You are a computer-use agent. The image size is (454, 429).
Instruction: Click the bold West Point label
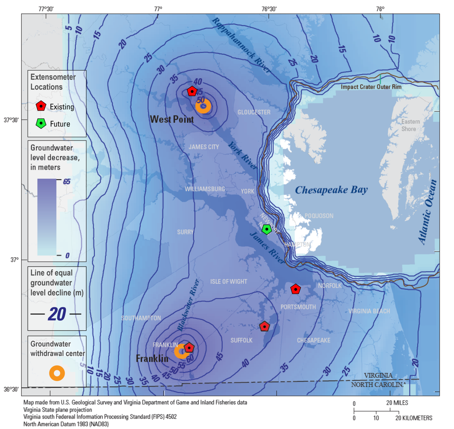click(172, 119)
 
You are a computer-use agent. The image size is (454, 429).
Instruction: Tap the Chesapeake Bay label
click(331, 190)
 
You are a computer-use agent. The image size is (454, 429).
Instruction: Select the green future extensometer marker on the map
click(267, 229)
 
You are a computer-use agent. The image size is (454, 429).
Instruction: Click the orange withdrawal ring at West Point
click(203, 106)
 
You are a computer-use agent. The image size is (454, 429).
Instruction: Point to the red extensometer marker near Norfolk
click(296, 289)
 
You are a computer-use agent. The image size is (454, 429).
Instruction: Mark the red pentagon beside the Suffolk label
click(264, 327)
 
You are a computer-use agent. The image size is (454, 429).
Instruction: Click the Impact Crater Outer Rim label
click(371, 87)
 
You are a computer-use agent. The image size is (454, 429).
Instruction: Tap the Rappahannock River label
click(241, 45)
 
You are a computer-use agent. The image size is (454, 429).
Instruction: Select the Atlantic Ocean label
click(427, 212)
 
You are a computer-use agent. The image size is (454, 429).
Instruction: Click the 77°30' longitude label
click(46, 9)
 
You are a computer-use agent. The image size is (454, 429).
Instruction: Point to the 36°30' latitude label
click(11, 389)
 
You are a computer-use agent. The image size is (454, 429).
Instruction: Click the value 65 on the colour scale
click(67, 182)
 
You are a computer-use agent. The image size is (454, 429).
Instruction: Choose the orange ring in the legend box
click(57, 373)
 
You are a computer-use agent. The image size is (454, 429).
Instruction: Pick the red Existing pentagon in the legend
click(41, 106)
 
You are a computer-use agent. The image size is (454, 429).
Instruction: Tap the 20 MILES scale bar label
click(397, 403)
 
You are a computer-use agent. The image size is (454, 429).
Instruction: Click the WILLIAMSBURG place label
click(205, 189)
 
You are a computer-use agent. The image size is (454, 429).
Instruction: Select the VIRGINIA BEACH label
click(369, 311)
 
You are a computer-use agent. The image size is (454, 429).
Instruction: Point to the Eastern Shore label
click(411, 125)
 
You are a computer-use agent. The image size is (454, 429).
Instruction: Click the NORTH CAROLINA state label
click(378, 385)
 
